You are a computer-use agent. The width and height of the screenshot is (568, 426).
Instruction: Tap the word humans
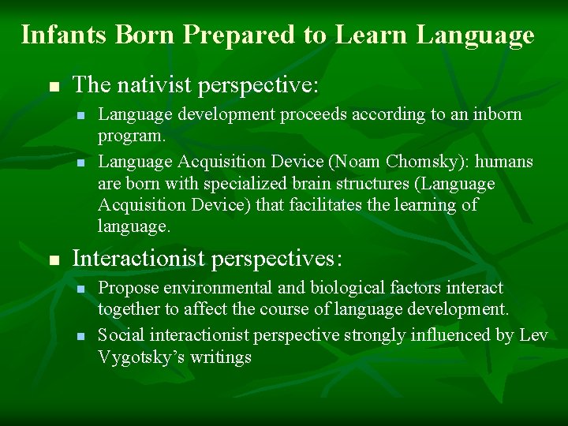(x=505, y=162)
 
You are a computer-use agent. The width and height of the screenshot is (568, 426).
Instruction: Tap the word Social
(x=120, y=335)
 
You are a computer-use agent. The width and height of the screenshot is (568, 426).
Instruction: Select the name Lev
(x=533, y=335)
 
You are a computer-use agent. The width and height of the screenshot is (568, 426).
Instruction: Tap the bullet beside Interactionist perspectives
(x=53, y=260)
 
